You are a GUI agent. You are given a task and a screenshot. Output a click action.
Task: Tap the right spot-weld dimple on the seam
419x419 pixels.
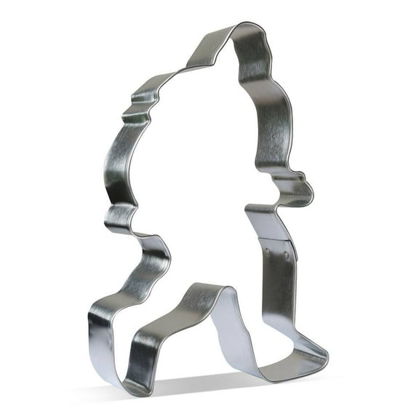coord(287,257)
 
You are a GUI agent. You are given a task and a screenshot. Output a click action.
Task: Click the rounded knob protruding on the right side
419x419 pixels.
coord(306,188)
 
